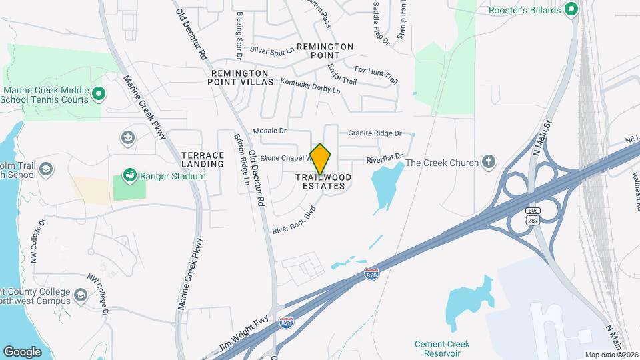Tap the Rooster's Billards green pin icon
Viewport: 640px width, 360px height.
point(571,9)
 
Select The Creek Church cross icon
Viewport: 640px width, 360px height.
point(489,162)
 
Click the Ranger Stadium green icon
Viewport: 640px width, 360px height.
point(129,176)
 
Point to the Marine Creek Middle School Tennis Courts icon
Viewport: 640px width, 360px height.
point(98,94)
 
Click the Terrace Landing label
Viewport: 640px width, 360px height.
point(203,159)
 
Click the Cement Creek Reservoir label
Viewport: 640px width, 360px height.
point(442,349)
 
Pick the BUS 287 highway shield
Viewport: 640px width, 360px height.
point(533,215)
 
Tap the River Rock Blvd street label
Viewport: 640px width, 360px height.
point(293,219)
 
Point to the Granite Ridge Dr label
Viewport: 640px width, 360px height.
point(375,133)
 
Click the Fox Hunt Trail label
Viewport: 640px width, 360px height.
point(376,75)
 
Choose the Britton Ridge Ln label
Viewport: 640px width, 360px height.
point(241,159)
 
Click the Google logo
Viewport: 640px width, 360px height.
point(22,351)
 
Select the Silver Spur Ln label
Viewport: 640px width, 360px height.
point(272,50)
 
